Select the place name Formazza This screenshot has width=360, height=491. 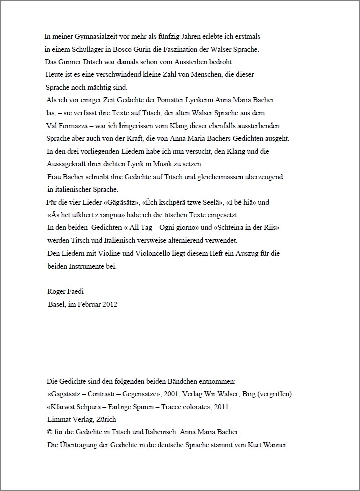[78, 126]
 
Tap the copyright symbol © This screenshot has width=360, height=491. [49, 432]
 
